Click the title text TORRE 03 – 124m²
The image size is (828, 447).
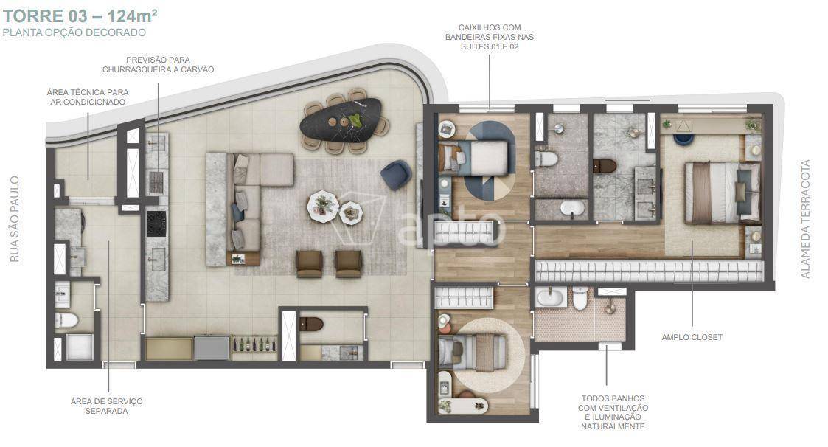(80, 15)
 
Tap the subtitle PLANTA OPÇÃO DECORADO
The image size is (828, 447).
(74, 32)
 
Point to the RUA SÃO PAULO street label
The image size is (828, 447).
(15, 219)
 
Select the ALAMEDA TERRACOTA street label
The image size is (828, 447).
(805, 219)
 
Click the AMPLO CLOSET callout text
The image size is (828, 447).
(692, 337)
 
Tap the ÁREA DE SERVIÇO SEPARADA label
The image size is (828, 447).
(107, 406)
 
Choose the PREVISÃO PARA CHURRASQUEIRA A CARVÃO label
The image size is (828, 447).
(158, 64)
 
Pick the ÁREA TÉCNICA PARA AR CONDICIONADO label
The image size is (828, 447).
(88, 97)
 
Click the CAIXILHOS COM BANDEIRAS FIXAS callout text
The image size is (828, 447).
(490, 37)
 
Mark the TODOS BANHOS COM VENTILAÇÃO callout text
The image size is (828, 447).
(613, 412)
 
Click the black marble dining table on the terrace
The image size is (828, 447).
(341, 121)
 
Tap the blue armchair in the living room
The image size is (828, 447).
(395, 175)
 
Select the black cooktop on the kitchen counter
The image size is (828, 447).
(156, 223)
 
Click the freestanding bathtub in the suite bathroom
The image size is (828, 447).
(572, 208)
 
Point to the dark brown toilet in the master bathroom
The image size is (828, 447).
(605, 166)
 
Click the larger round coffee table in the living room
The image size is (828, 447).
(323, 206)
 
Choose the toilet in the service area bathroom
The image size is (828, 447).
(66, 319)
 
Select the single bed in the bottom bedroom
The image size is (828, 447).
(472, 353)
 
